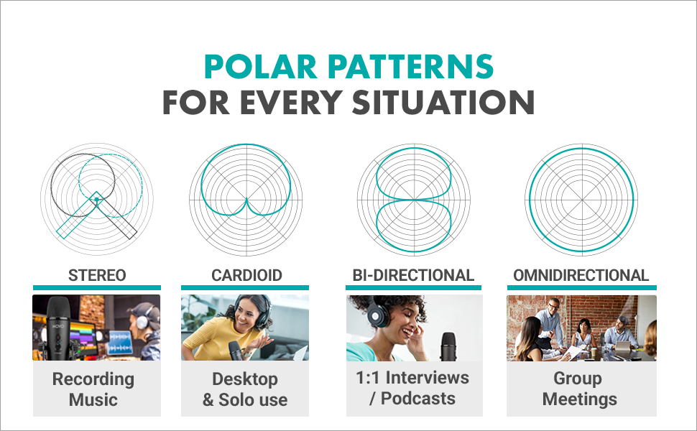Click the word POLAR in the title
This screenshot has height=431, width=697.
261,67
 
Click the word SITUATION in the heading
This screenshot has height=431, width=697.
443,102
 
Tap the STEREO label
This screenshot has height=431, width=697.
97,276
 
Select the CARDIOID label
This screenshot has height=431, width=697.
246,276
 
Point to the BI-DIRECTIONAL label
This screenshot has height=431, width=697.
413,276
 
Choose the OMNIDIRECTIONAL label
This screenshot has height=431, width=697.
581,276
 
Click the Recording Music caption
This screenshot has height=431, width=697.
93,389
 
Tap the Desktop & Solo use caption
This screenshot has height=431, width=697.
245,389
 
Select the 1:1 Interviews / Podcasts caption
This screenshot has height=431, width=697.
412,388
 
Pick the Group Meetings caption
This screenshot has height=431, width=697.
579,389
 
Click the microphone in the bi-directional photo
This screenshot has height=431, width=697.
448,346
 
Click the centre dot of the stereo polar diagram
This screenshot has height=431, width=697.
96,200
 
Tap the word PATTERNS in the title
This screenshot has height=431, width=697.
411,67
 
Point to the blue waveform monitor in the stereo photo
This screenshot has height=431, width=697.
119,343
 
